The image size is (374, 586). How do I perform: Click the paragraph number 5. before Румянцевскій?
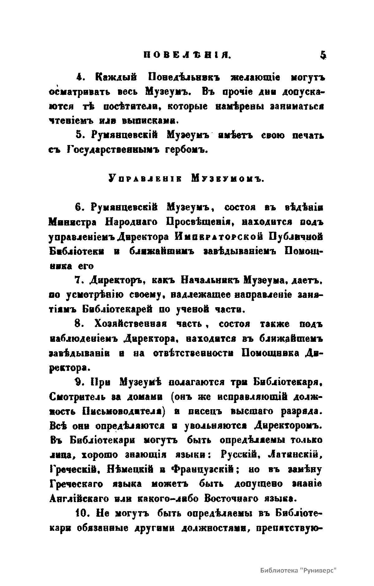pos(79,136)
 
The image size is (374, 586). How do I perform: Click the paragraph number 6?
pos(79,207)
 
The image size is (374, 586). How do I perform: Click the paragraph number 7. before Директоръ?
pos(79,280)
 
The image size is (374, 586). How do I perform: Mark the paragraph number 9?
pos(79,382)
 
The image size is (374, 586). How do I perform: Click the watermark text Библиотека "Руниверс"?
pos(299,569)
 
